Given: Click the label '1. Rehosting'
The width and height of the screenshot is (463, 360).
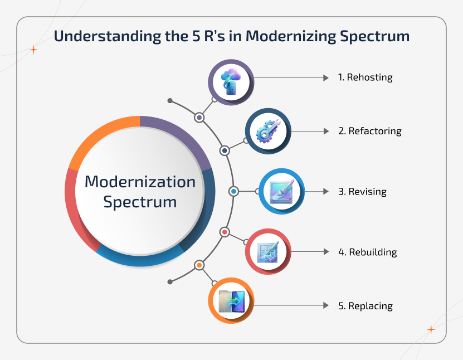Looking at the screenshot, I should (365, 77).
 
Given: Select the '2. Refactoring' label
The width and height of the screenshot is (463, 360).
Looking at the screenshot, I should (369, 132).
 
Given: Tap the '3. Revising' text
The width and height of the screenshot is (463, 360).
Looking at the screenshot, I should (362, 192).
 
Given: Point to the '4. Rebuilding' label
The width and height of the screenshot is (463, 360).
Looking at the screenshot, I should (367, 252).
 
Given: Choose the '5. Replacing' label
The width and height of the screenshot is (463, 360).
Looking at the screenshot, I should (365, 306).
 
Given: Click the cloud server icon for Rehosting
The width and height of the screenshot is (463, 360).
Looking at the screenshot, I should (231, 82).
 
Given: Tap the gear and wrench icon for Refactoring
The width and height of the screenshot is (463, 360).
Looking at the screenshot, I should (268, 132).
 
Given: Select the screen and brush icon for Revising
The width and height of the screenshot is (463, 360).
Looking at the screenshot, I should (281, 192).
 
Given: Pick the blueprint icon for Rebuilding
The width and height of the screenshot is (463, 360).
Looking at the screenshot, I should (268, 252).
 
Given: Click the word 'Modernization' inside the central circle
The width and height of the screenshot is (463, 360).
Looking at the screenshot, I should (140, 182).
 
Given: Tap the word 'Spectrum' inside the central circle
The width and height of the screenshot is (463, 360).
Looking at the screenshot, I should (140, 201).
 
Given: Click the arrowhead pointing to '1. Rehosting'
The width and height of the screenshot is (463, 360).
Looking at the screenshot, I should (326, 78).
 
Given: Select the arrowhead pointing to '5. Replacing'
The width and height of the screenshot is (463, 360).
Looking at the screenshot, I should (326, 306).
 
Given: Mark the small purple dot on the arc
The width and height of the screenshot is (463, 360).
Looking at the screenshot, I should (199, 118).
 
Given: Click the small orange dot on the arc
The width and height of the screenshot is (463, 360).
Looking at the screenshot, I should (199, 265).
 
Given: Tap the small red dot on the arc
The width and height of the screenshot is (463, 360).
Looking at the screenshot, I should (225, 231).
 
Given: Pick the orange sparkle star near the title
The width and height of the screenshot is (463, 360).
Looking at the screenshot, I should (33, 50).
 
